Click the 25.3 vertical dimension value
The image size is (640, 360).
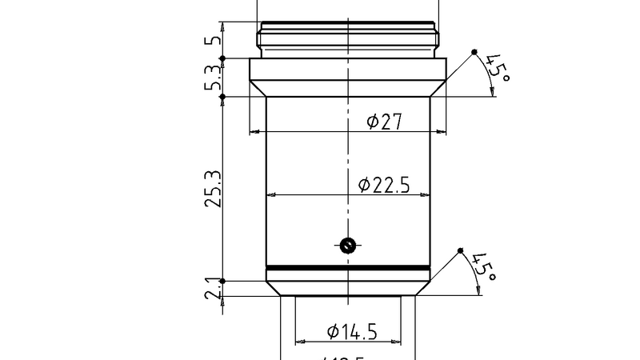pyautogui.click(x=213, y=189)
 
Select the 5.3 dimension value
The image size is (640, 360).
pyautogui.click(x=213, y=78)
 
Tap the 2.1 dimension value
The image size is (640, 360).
pyautogui.click(x=213, y=288)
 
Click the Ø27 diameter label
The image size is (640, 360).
pyautogui.click(x=383, y=122)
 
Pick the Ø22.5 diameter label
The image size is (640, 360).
pyautogui.click(x=384, y=185)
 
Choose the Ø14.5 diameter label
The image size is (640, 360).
pyautogui.click(x=353, y=330)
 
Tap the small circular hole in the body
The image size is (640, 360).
pyautogui.click(x=347, y=246)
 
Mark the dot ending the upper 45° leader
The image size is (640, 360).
pyautogui.click(x=474, y=52)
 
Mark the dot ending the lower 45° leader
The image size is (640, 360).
pyautogui.click(x=461, y=250)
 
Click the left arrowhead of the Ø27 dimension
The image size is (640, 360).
pyautogui.click(x=254, y=131)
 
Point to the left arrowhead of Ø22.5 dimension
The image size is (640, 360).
pyautogui.click(x=270, y=194)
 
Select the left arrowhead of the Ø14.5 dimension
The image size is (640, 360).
pyautogui.click(x=299, y=341)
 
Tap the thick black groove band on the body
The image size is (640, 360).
pyautogui.click(x=348, y=267)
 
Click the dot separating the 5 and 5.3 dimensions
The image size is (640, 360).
pyautogui.click(x=223, y=58)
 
